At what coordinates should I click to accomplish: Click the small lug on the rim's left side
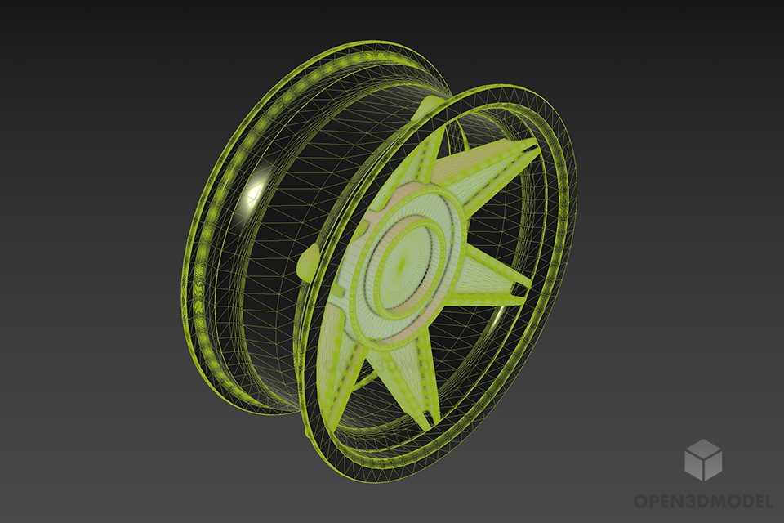(x=308, y=263)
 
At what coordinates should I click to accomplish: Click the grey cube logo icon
(x=702, y=459)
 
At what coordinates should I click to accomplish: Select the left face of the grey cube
(x=693, y=466)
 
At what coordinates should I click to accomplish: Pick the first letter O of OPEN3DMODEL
(x=640, y=500)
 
